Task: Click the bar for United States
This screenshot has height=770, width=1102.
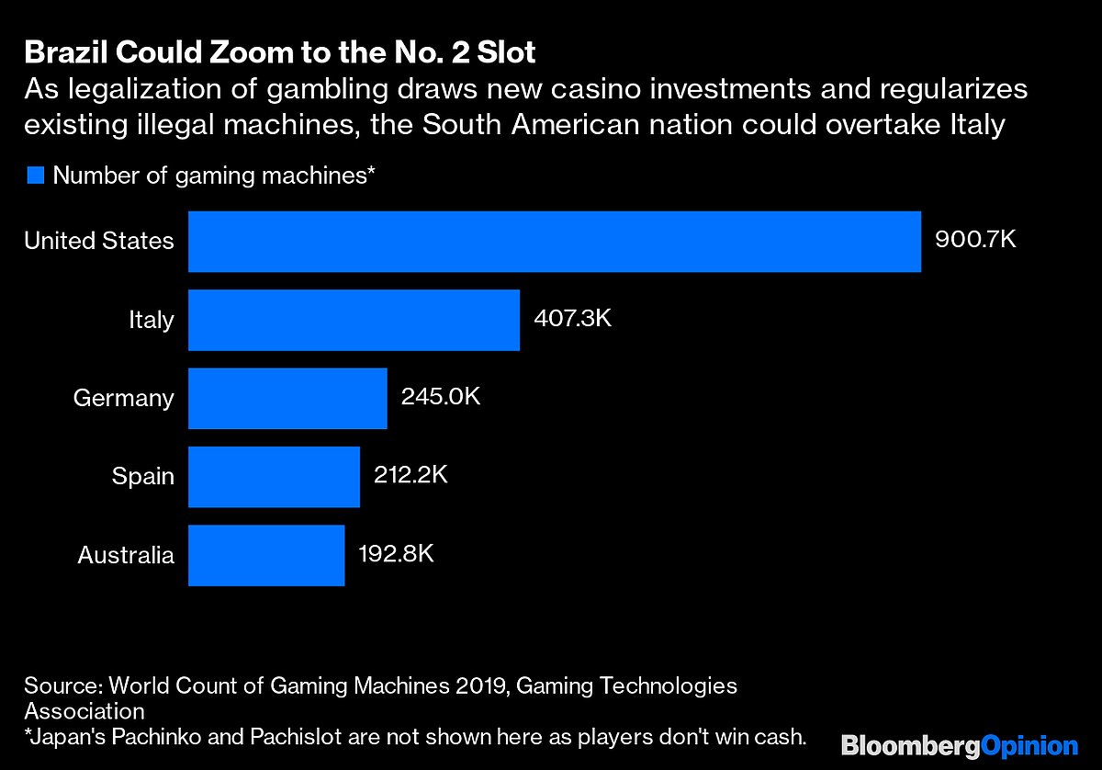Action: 555,242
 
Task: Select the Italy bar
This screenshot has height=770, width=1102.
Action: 354,320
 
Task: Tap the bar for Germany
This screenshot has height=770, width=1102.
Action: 287,398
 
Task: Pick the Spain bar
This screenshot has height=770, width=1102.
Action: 274,476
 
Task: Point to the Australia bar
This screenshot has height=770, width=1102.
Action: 266,555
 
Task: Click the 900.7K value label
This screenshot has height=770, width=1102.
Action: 975,241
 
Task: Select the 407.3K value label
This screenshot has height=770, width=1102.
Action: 572,319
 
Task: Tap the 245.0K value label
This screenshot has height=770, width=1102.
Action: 441,397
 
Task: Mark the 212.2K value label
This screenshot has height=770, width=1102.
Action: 410,475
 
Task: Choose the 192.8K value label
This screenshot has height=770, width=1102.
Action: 396,554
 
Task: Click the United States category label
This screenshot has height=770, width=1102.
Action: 98,241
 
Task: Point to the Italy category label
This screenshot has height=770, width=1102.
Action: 151,320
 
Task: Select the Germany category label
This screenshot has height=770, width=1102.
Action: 123,398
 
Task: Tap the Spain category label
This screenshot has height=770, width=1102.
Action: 142,476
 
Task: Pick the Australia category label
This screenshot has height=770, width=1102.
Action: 125,555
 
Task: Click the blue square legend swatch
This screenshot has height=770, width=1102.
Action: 35,176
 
